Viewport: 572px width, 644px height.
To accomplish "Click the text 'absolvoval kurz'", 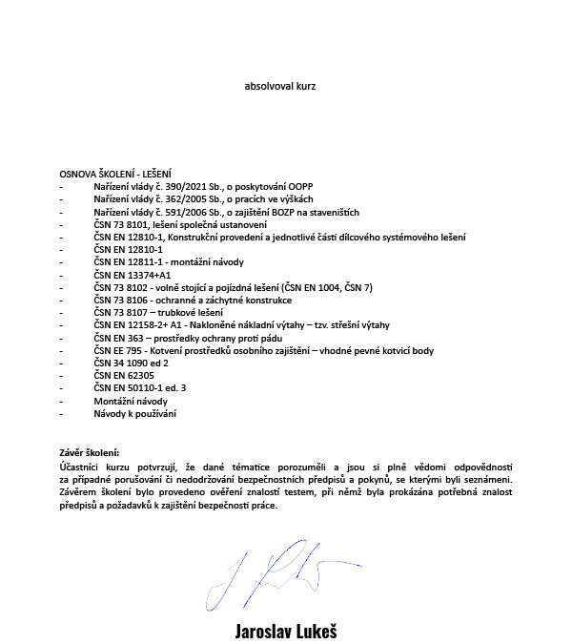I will (x=279, y=85).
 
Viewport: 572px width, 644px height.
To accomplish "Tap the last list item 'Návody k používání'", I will (x=134, y=414).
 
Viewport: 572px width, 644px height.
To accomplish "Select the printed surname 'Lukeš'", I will (x=314, y=632).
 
